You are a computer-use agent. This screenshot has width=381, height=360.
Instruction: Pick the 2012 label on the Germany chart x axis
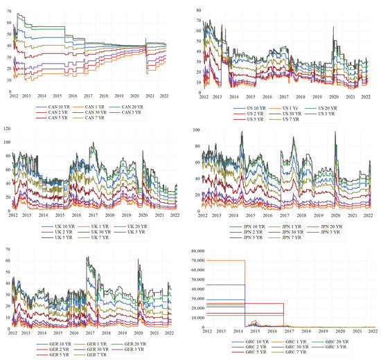(x=12, y=333)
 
